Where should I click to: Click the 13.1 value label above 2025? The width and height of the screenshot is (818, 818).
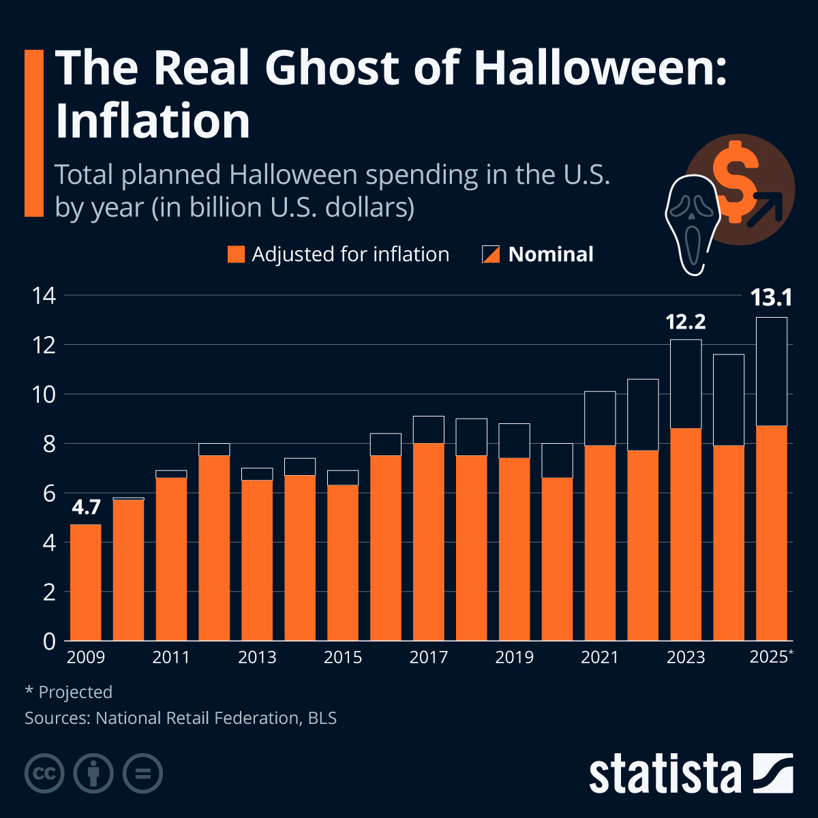pyautogui.click(x=771, y=298)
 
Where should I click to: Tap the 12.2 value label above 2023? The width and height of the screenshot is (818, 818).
pyautogui.click(x=685, y=322)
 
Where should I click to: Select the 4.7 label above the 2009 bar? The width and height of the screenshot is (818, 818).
pyautogui.click(x=86, y=507)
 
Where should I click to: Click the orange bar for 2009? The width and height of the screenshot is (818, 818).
pyautogui.click(x=86, y=583)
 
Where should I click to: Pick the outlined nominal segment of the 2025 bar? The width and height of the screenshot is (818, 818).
pyautogui.click(x=771, y=372)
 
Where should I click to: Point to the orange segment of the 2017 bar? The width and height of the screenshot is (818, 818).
pyautogui.click(x=428, y=542)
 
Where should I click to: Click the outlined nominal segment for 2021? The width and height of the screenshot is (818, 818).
pyautogui.click(x=600, y=418)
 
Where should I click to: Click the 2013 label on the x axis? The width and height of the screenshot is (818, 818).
pyautogui.click(x=257, y=657)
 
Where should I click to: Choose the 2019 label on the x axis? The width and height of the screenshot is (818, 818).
pyautogui.click(x=514, y=657)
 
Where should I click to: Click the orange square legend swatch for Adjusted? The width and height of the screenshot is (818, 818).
pyautogui.click(x=236, y=254)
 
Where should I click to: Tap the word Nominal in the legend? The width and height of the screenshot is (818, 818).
pyautogui.click(x=551, y=254)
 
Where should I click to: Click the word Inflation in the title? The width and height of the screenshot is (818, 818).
pyautogui.click(x=153, y=121)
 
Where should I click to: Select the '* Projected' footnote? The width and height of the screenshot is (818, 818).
pyautogui.click(x=68, y=692)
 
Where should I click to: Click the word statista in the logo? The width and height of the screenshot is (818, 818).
pyautogui.click(x=665, y=774)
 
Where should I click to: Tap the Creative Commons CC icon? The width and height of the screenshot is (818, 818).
pyautogui.click(x=44, y=774)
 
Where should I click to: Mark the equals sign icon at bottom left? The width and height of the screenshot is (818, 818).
pyautogui.click(x=142, y=774)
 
